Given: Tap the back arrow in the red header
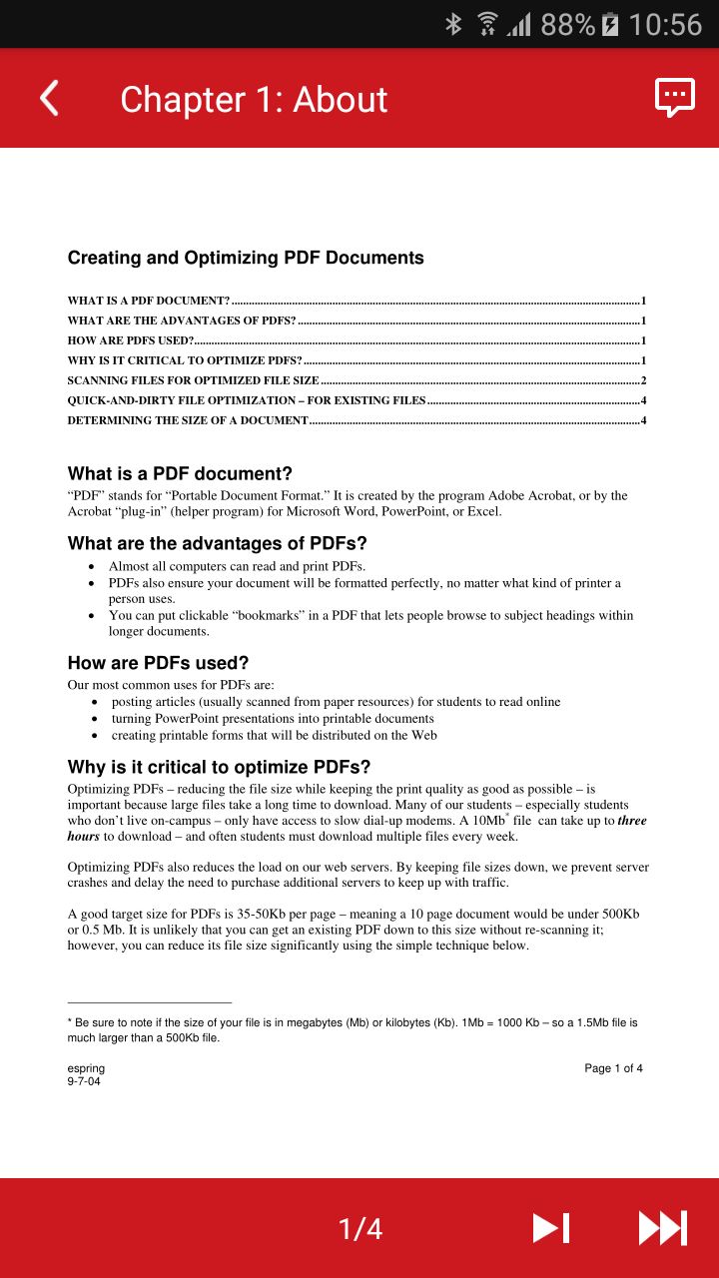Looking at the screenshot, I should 49,99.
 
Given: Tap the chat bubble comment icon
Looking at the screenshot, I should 674,98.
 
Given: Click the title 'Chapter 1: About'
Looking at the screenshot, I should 254,100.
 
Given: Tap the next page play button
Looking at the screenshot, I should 550,1228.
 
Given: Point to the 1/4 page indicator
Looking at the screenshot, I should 360,1229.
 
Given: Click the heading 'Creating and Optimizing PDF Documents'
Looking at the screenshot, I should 246,258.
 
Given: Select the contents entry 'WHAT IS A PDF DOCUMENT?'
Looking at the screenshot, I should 149,301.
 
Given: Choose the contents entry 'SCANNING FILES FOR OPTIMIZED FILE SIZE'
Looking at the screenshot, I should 193,380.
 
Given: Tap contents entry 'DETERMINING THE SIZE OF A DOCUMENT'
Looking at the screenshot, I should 188,420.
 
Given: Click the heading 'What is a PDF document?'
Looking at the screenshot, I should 180,473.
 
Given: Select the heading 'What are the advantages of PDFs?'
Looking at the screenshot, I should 217,543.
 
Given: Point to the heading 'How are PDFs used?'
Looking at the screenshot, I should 158,663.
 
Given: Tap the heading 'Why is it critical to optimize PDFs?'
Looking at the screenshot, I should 219,767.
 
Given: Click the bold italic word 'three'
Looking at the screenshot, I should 632,821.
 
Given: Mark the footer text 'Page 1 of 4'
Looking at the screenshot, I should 613,1068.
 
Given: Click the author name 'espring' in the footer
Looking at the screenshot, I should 86,1068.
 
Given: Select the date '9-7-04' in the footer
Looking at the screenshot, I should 84,1081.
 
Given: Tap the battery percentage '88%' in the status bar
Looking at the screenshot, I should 567,24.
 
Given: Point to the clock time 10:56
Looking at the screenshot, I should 665,24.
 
